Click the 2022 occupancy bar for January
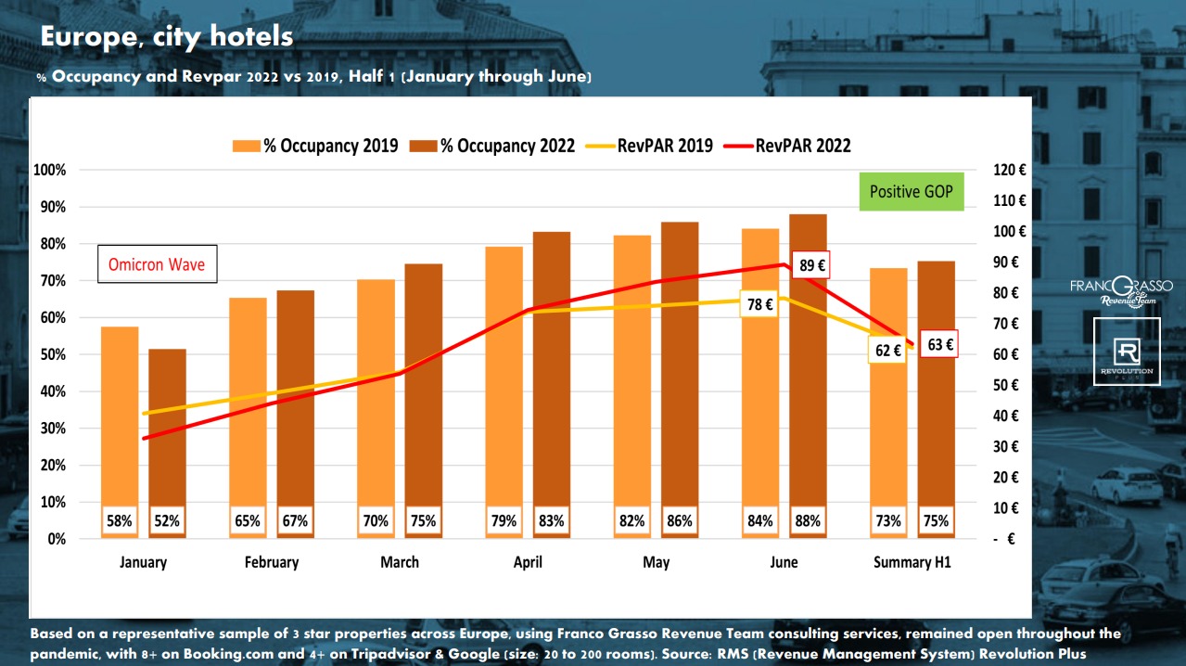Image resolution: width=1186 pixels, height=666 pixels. [x=168, y=427]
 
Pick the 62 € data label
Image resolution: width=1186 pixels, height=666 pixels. [x=888, y=351]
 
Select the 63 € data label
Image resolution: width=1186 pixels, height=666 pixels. [x=939, y=345]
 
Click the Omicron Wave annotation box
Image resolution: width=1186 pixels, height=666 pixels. [x=157, y=264]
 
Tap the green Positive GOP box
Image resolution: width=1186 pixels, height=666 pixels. [x=911, y=192]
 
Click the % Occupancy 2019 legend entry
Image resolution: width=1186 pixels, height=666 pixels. [x=315, y=146]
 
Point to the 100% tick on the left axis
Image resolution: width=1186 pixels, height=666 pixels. [x=49, y=171]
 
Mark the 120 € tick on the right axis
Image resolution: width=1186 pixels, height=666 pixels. [x=1009, y=171]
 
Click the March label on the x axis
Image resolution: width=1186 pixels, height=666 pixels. [x=400, y=562]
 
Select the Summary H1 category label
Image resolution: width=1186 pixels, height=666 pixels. [x=912, y=562]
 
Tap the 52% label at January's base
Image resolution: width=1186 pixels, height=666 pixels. [x=168, y=521]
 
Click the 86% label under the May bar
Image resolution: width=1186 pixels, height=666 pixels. [x=680, y=521]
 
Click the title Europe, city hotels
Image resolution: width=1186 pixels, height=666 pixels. [x=166, y=37]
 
